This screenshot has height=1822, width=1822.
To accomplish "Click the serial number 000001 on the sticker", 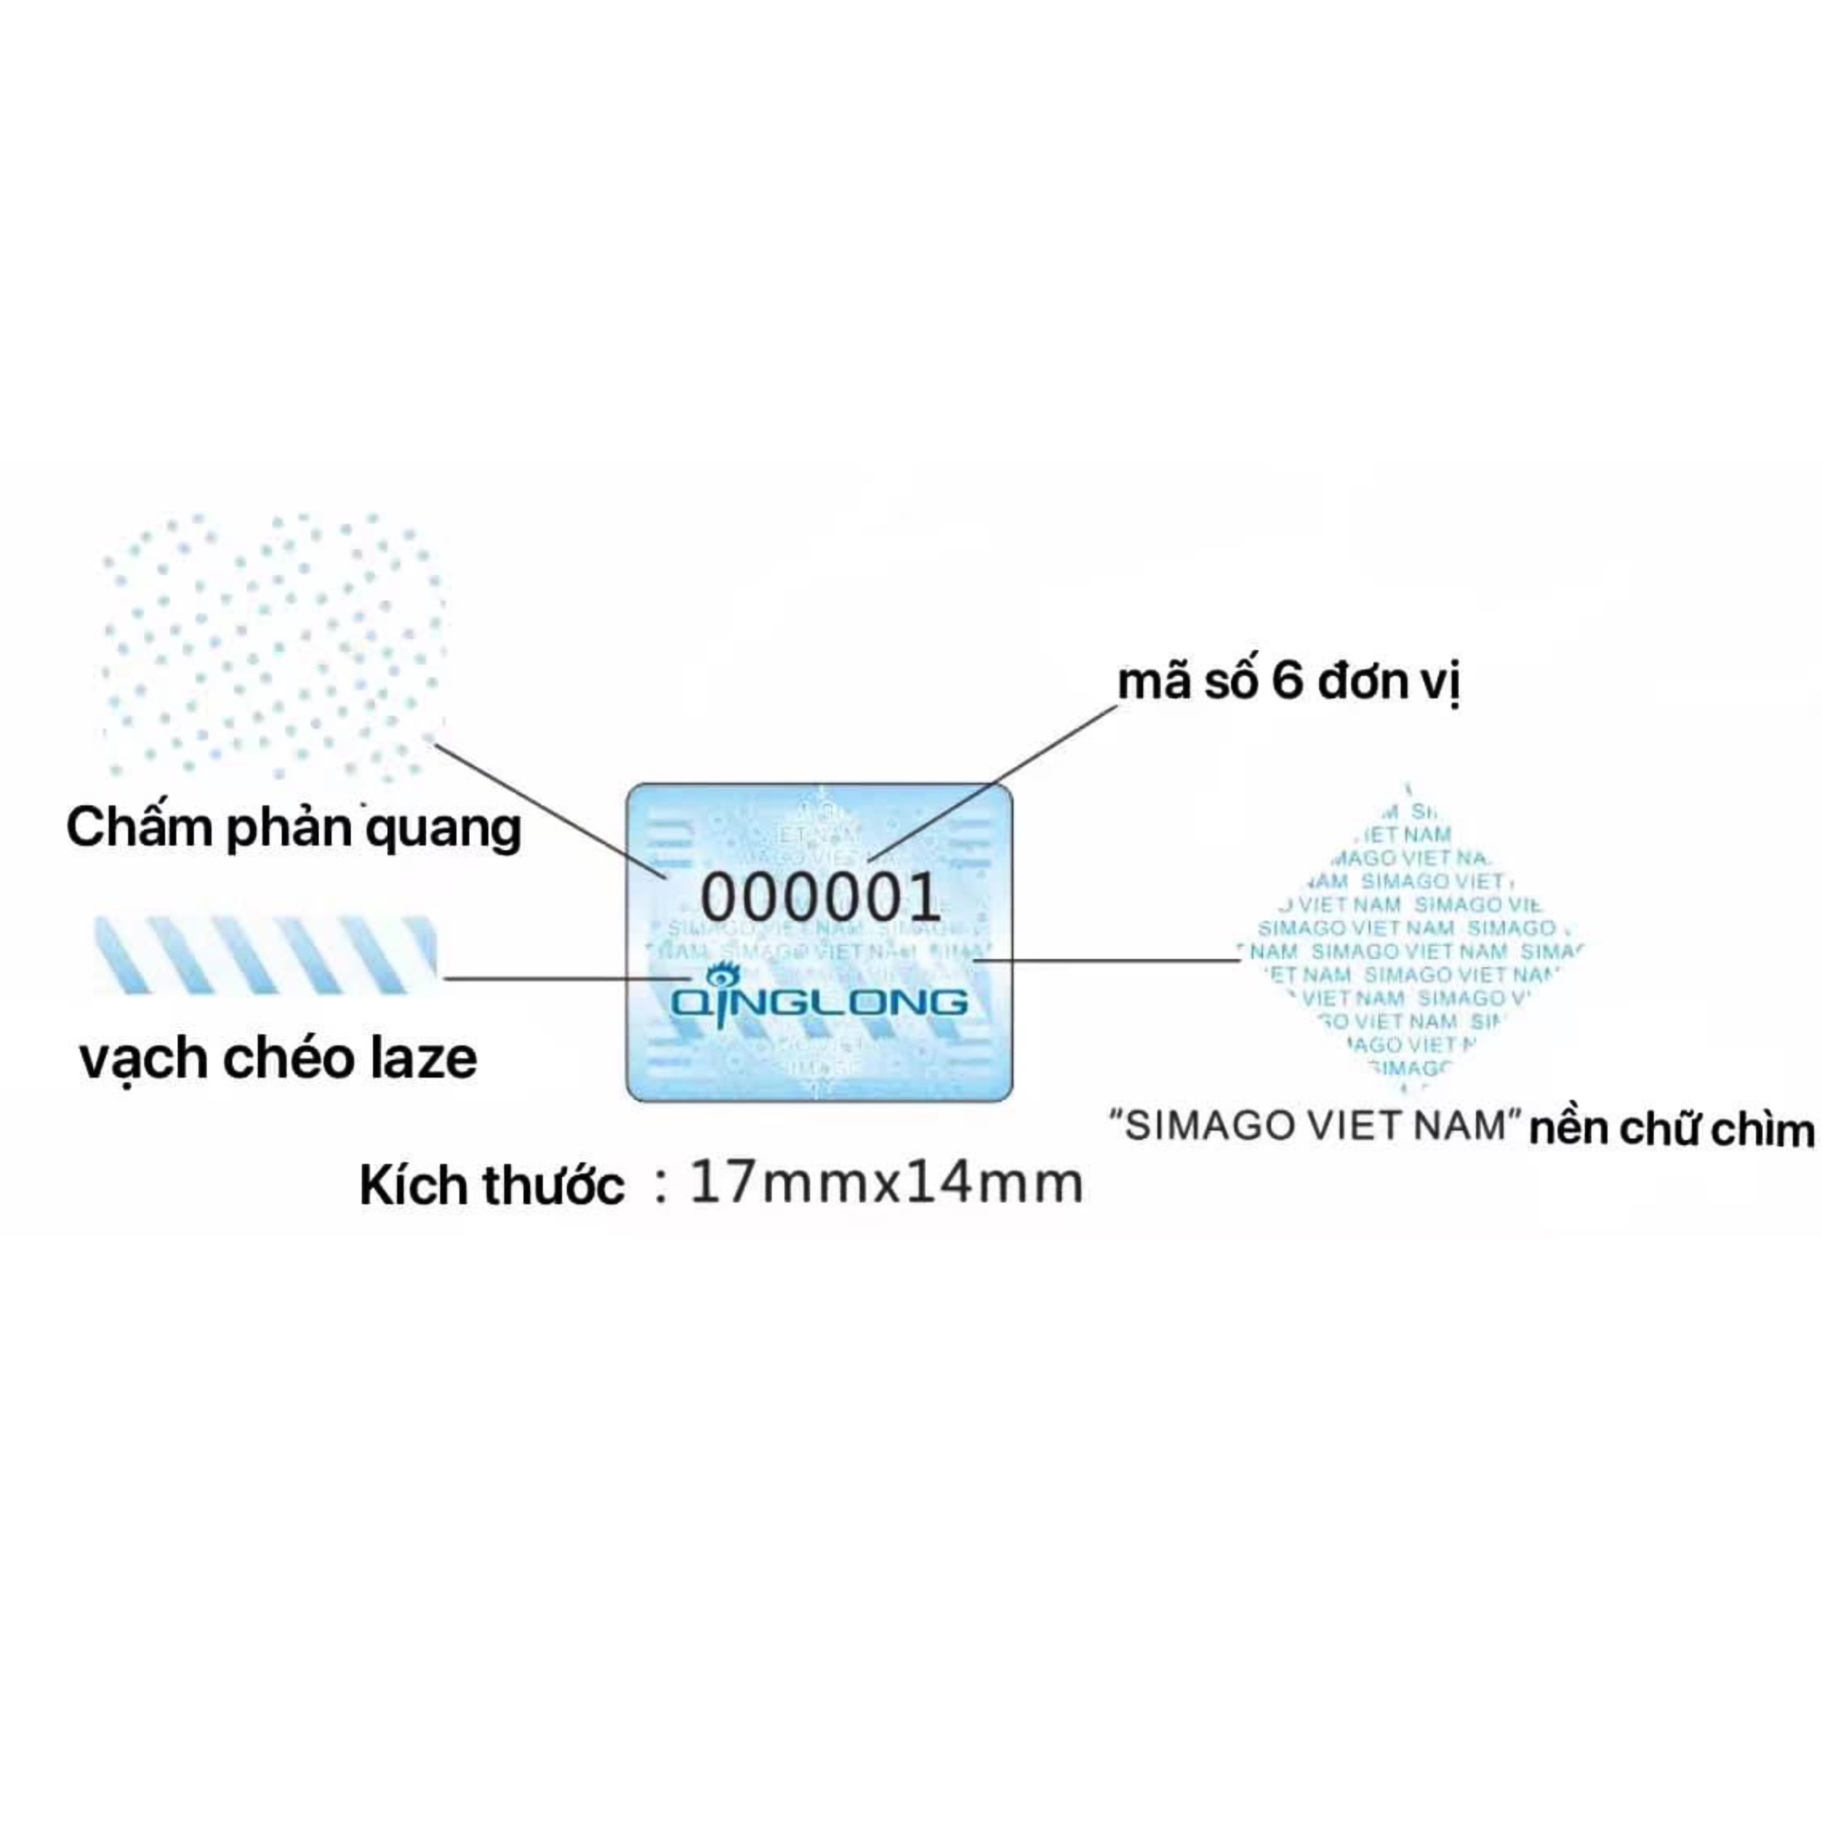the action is pos(819,897).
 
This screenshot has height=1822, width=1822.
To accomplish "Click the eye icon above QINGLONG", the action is pos(722,974).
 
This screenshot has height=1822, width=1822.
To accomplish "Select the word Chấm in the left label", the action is pos(139,828).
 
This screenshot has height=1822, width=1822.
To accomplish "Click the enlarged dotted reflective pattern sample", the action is pos(273,646).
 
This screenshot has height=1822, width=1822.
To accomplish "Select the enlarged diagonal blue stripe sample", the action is pos(266,954).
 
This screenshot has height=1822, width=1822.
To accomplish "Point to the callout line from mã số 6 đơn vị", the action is pos(990,783).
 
